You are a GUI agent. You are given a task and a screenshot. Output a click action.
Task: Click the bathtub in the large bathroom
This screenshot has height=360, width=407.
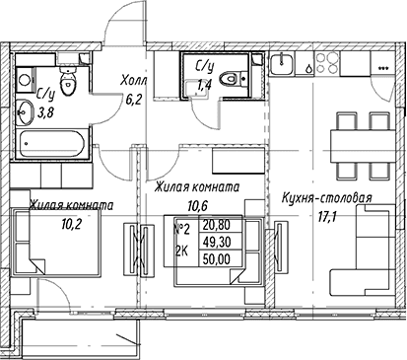[x=52, y=144]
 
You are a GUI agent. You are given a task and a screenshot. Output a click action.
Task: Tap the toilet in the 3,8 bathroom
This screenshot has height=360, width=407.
[x=68, y=81]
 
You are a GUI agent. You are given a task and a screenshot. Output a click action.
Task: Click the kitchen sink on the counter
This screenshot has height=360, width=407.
[x=282, y=64]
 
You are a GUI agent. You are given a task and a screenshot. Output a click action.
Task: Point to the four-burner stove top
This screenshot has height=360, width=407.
[x=327, y=63]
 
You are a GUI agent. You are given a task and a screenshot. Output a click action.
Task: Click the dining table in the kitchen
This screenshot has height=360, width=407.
[x=363, y=146]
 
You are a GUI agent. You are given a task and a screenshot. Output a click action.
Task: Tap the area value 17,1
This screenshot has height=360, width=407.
[x=326, y=217]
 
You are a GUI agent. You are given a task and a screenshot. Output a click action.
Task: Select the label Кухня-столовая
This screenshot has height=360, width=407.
[x=327, y=198]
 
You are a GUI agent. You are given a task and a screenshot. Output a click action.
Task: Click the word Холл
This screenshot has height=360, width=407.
[x=133, y=80]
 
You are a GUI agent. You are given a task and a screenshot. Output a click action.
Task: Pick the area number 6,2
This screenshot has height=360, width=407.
[x=134, y=98]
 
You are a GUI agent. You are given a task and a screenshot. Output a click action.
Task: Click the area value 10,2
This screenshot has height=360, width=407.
[x=71, y=224]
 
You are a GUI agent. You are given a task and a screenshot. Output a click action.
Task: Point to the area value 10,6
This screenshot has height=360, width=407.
[x=198, y=206]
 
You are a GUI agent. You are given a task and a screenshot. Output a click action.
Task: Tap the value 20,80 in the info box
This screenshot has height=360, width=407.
[x=217, y=225]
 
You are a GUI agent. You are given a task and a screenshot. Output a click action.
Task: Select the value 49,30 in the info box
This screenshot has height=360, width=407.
[x=217, y=243]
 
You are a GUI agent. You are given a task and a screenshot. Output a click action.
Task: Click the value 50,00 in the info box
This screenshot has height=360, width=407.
[x=217, y=259]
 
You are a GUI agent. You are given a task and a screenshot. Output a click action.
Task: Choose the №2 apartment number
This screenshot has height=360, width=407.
[x=181, y=229]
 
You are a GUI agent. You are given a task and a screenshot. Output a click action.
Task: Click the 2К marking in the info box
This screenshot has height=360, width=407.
[x=181, y=252]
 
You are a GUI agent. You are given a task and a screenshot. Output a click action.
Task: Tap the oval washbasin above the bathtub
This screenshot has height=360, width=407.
[x=25, y=111]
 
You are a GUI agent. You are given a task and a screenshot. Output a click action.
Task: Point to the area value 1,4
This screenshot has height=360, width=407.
[x=204, y=85]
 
